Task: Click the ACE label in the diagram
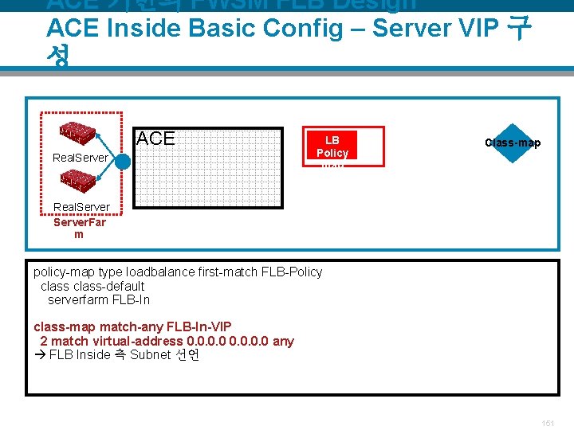click(155, 139)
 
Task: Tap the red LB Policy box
click(332, 147)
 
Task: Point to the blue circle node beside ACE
click(122, 161)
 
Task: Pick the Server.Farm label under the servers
click(79, 228)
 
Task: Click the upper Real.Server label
click(80, 158)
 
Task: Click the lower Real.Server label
click(80, 208)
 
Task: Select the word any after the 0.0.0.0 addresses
click(283, 341)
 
